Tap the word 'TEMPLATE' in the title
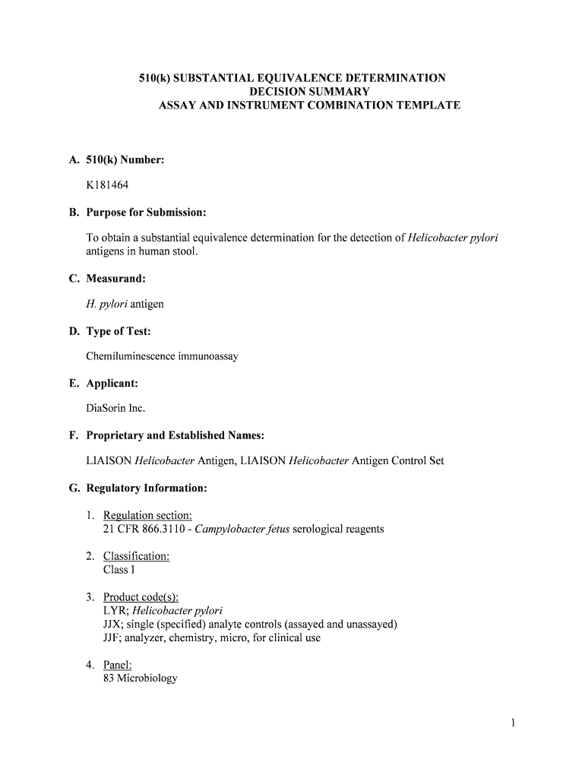(x=427, y=106)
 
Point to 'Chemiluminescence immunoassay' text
(x=162, y=356)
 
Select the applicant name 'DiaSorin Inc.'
(x=115, y=408)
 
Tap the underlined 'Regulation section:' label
(x=147, y=515)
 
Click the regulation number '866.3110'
(x=165, y=528)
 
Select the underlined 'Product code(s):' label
(x=141, y=597)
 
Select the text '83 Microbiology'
(x=140, y=678)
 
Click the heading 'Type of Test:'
(x=118, y=331)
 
